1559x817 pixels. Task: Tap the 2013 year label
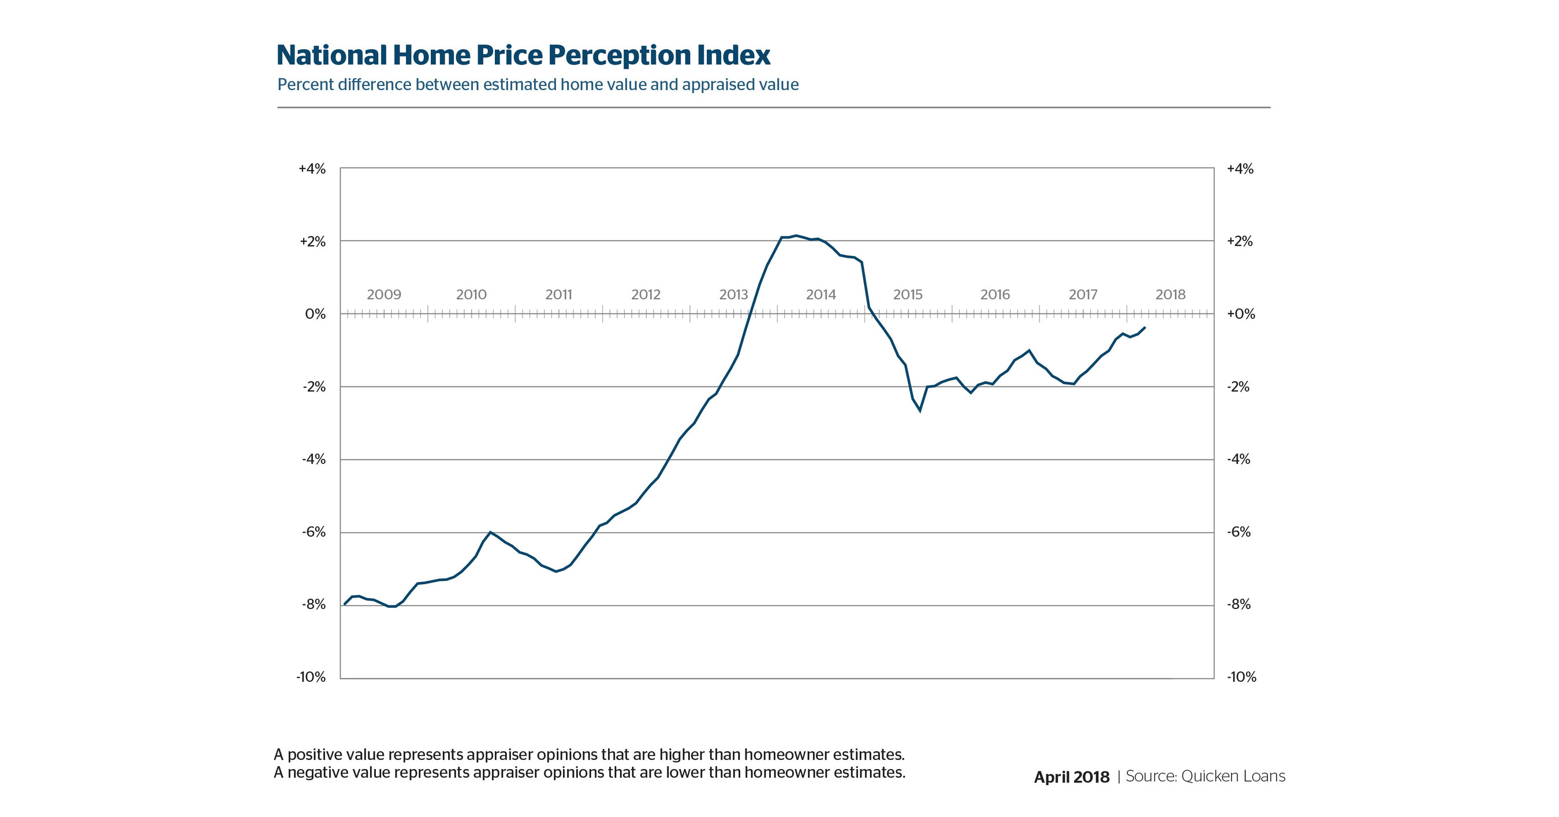click(733, 295)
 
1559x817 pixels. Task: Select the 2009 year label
click(384, 295)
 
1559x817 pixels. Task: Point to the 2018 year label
click(1170, 295)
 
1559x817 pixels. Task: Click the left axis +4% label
click(312, 169)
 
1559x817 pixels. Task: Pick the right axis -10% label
click(1241, 677)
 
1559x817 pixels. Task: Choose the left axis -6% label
click(314, 532)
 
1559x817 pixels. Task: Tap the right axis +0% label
click(1241, 314)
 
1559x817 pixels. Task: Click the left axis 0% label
click(315, 314)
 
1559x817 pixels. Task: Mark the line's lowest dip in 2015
click(920, 411)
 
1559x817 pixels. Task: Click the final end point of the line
click(1144, 328)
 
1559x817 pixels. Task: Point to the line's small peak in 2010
click(490, 532)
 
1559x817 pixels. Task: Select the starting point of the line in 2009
click(344, 604)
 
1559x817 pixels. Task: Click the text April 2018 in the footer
click(1071, 777)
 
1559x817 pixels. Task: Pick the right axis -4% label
click(1238, 460)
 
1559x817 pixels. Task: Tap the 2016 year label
click(995, 295)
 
